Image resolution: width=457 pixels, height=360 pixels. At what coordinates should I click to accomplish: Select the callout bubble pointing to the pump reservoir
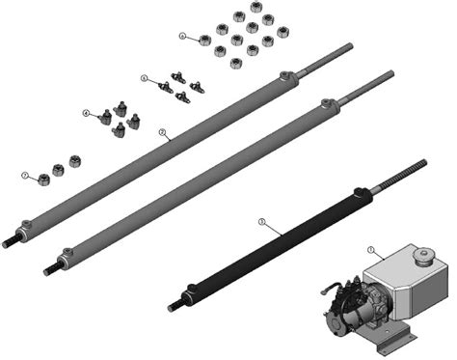(372, 249)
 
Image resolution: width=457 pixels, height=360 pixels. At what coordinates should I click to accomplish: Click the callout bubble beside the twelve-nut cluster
(182, 36)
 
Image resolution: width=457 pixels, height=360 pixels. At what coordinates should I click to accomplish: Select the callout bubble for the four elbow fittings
(86, 114)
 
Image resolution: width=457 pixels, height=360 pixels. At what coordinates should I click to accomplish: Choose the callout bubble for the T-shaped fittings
(144, 77)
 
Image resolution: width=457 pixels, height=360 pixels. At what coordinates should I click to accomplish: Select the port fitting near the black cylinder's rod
(363, 197)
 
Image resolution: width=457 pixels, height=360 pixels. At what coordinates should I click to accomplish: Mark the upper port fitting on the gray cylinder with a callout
(285, 77)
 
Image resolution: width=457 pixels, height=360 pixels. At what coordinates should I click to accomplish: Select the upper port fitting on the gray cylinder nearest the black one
(327, 101)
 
